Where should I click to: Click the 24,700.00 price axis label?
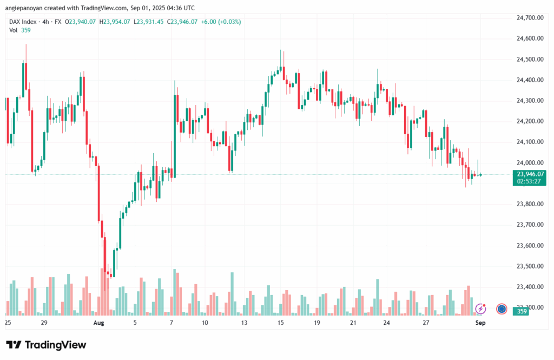pyautogui.click(x=530, y=18)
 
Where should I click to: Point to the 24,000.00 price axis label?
pyautogui.click(x=530, y=162)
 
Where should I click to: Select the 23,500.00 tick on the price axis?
pyautogui.click(x=530, y=266)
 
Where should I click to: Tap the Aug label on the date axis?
pyautogui.click(x=98, y=323)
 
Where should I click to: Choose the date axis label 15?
pyautogui.click(x=280, y=323)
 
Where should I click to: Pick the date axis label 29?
pyautogui.click(x=44, y=323)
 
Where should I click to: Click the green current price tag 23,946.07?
pyautogui.click(x=531, y=174)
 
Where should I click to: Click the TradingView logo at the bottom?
pyautogui.click(x=46, y=345)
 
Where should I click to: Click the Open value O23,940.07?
pyautogui.click(x=81, y=22)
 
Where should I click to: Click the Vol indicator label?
pyautogui.click(x=14, y=30)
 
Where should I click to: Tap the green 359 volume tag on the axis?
pyautogui.click(x=522, y=311)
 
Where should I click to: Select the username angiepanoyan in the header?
pyautogui.click(x=28, y=8)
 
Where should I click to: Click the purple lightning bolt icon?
pyautogui.click(x=480, y=309)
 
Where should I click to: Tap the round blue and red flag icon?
pyautogui.click(x=502, y=309)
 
